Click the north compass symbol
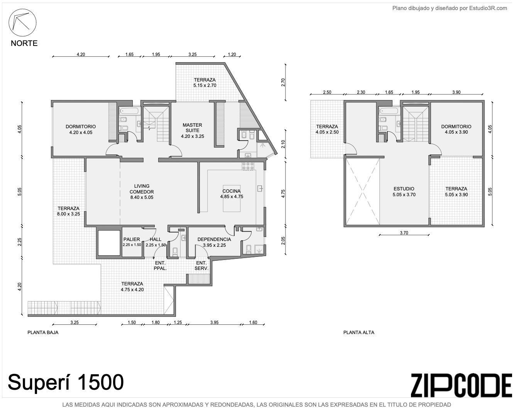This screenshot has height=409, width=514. point(22,23)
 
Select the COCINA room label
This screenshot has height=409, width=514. point(232,191)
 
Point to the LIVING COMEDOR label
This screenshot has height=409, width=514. point(142,189)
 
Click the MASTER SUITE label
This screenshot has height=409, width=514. point(192,128)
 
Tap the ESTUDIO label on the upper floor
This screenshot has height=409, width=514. point(404,189)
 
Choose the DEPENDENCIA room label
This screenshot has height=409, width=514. point(214,239)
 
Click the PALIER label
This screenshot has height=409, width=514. point(132,239)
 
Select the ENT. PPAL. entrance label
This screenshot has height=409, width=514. point(160,266)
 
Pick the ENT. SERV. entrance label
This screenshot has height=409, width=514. point(201,266)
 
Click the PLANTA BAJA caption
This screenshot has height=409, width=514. point(43,332)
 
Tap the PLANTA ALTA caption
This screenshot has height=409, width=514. point(359,332)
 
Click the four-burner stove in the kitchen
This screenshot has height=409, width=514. point(248,166)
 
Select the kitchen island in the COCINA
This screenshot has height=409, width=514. point(232,199)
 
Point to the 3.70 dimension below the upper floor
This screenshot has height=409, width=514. point(404,233)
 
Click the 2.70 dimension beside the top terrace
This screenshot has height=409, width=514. point(283,82)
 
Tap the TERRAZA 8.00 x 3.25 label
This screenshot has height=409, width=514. point(69,211)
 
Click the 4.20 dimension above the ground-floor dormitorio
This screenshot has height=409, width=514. point(81,54)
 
